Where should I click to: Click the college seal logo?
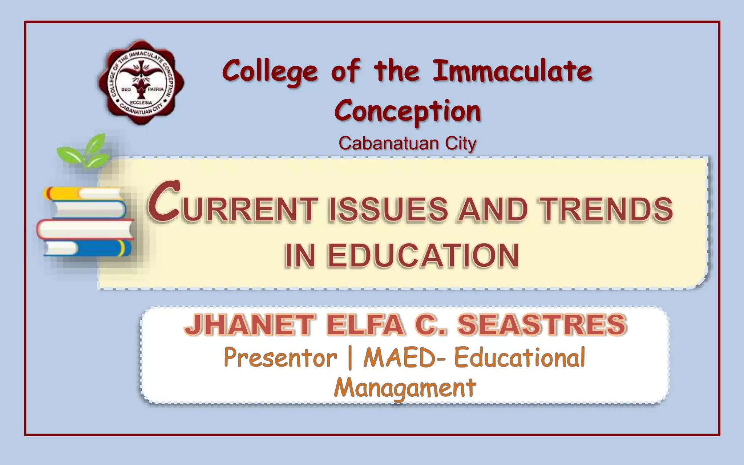click(141, 82)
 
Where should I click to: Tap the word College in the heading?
click(270, 72)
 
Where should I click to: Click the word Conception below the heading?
click(408, 111)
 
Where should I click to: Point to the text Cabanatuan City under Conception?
click(407, 143)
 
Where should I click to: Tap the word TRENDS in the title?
click(606, 210)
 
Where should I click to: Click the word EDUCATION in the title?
click(423, 256)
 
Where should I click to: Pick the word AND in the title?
click(493, 210)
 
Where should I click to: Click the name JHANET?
click(249, 324)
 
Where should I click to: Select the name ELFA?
click(365, 324)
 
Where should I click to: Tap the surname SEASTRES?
click(542, 324)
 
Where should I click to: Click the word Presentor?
click(280, 358)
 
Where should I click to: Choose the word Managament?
click(405, 388)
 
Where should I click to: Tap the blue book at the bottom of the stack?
click(88, 248)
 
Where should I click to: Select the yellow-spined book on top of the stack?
click(83, 193)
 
